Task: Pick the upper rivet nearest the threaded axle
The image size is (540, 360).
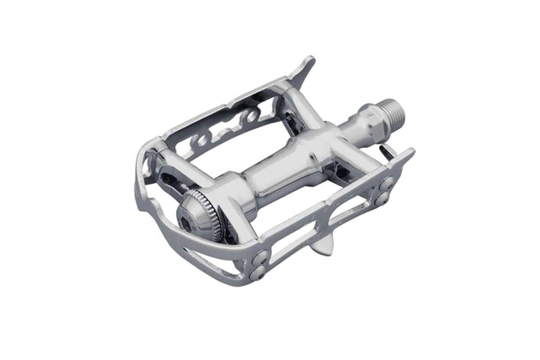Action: [388, 182]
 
